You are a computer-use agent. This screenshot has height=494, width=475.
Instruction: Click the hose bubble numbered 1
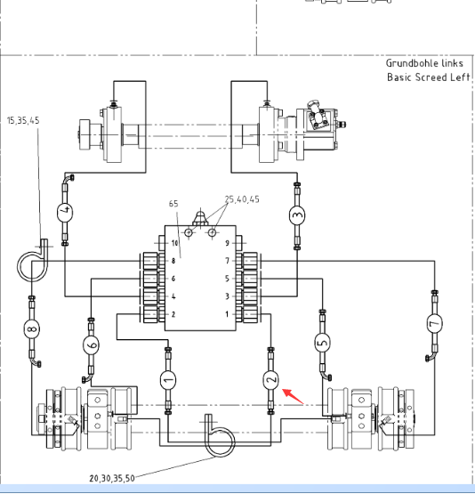coord(168,380)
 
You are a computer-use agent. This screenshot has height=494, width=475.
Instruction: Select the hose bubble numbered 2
coord(270,379)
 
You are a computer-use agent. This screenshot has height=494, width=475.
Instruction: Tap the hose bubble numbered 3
coord(297,215)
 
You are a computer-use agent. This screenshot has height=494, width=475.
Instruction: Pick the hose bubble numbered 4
coord(65,212)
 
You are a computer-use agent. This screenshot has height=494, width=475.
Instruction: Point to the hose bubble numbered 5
coord(322,342)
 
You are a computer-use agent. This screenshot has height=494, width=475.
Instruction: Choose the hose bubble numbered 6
coord(91,345)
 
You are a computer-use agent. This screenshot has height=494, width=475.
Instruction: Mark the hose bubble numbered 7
coord(435,323)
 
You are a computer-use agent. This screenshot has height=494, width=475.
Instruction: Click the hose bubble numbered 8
coord(31,329)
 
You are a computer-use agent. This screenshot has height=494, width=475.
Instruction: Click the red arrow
coord(293,396)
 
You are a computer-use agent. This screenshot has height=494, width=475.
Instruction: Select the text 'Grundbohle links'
coord(424,63)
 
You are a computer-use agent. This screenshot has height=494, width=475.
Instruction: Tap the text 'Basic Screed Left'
coord(429,77)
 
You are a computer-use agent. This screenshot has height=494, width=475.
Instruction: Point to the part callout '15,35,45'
coord(23,121)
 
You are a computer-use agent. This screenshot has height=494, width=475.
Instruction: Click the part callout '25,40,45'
coord(242,199)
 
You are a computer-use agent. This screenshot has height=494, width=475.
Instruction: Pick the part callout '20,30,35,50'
coord(112,479)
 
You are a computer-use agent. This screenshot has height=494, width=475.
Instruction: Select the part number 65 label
coord(173,204)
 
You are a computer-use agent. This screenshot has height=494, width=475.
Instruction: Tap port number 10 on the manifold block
coord(174,243)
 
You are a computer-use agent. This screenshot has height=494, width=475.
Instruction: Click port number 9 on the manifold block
coord(227,243)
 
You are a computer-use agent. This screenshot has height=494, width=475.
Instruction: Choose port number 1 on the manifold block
coord(227,314)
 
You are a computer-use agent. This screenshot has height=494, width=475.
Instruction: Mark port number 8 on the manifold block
coord(173,261)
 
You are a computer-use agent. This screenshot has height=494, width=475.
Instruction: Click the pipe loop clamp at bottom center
coord(220,436)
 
